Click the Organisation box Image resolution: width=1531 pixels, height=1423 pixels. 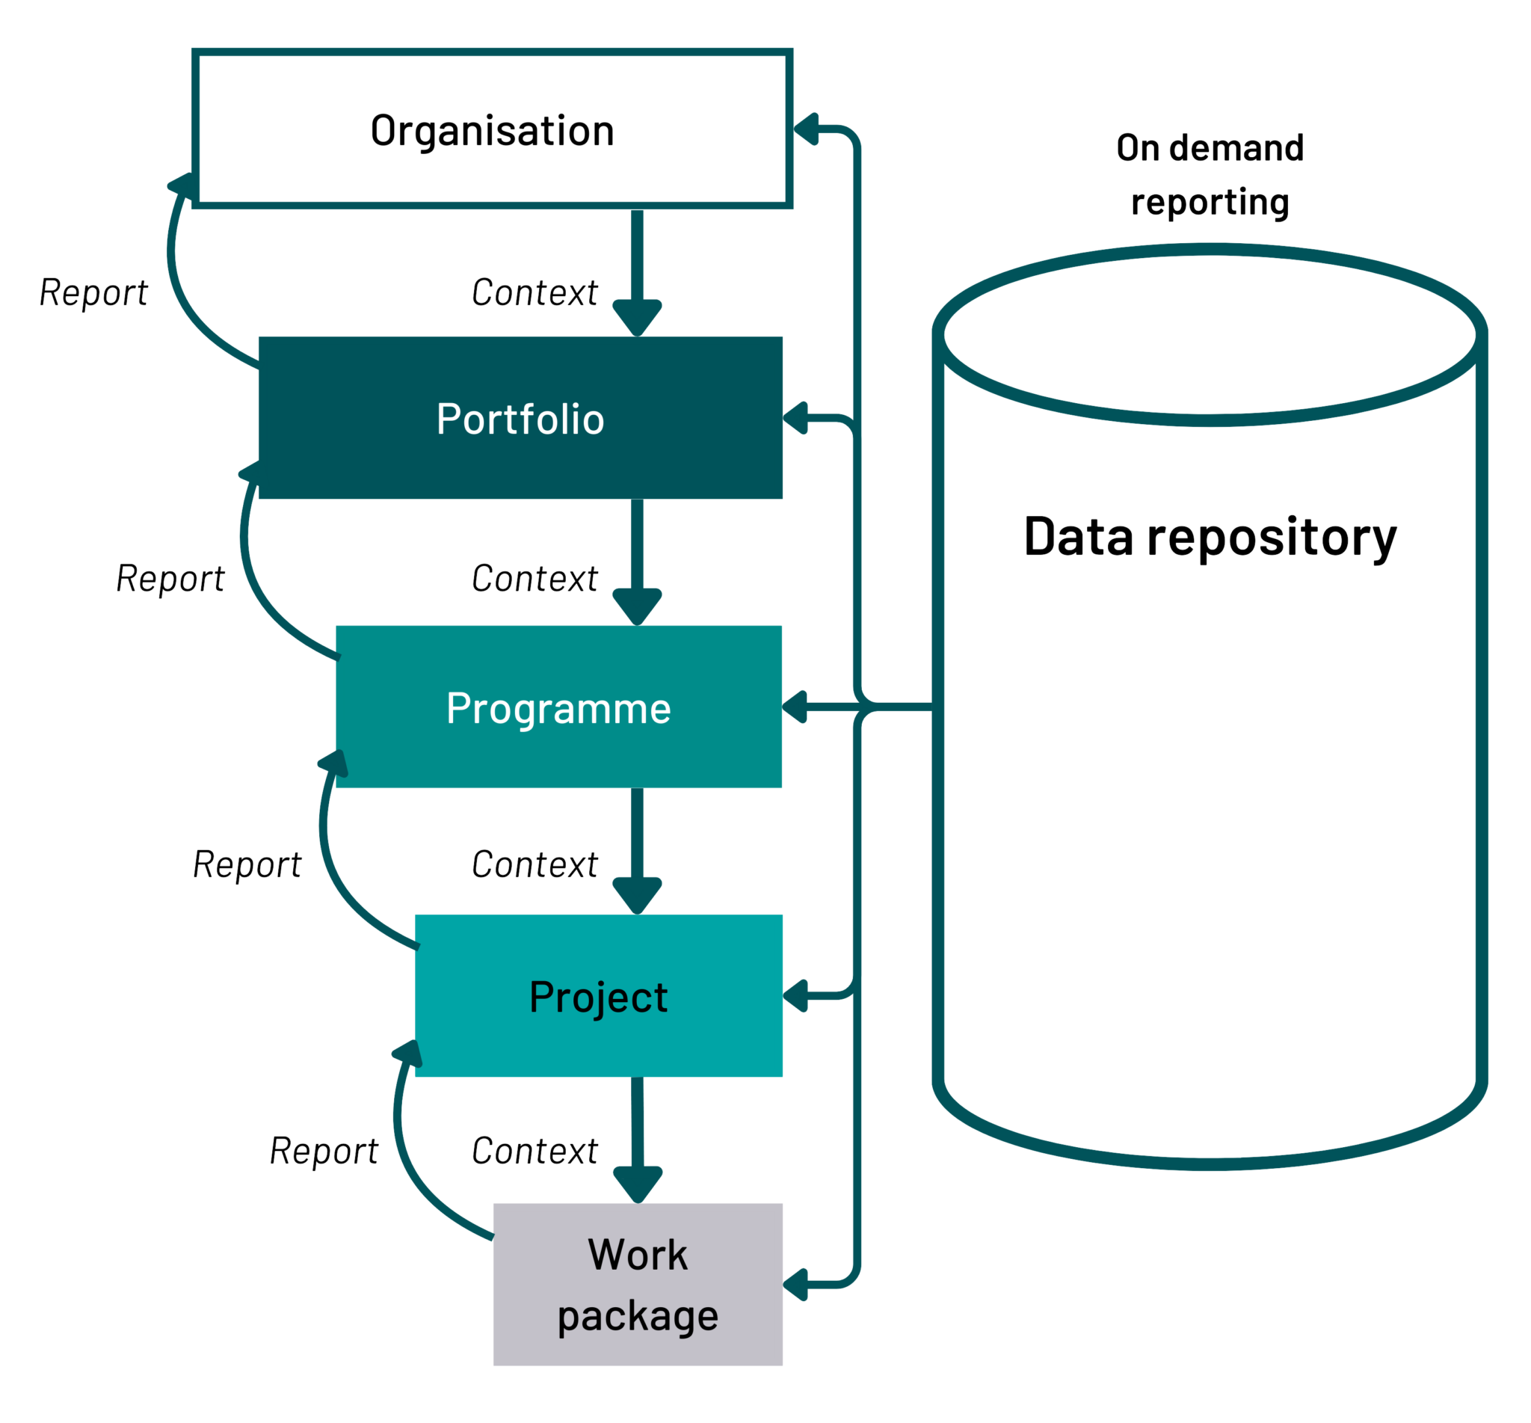point(492,129)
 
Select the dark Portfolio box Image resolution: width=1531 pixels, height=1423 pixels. point(520,417)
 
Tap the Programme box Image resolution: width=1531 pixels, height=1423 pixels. point(559,706)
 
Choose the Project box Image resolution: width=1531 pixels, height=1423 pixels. point(599,995)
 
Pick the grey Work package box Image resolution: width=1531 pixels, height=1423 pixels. point(638,1284)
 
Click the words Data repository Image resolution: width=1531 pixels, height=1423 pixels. point(1210,538)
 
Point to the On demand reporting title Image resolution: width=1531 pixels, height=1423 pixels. point(1210,175)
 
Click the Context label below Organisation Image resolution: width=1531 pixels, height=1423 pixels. point(535,292)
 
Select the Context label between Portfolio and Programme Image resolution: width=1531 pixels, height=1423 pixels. point(535,578)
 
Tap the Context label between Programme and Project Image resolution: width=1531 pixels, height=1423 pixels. point(535,864)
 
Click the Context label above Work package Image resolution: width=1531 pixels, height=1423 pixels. point(535,1150)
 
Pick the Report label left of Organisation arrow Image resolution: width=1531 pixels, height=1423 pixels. point(93,293)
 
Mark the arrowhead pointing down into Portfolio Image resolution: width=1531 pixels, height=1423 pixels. point(638,318)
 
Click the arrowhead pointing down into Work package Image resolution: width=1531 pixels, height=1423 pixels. point(638,1185)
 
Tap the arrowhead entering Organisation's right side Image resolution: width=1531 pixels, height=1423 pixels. point(806,129)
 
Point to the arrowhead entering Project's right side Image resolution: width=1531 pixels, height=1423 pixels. point(795,995)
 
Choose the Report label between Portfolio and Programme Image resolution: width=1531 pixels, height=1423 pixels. point(170,579)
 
